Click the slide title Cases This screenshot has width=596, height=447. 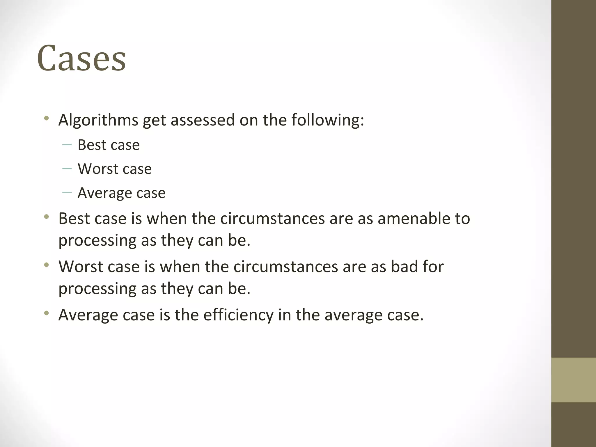pyautogui.click(x=81, y=58)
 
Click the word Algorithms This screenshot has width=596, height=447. pyautogui.click(x=98, y=120)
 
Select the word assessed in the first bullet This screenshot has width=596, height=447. pyautogui.click(x=203, y=120)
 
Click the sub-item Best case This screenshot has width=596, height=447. pyautogui.click(x=109, y=145)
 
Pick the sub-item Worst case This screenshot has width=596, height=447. pyautogui.click(x=115, y=169)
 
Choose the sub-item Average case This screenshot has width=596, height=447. pyautogui.click(x=121, y=193)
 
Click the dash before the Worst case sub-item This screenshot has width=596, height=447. pyautogui.click(x=67, y=168)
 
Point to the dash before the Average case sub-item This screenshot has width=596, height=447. pyautogui.click(x=67, y=192)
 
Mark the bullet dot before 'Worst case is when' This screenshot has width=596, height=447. pyautogui.click(x=46, y=265)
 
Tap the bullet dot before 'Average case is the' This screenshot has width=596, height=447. pyautogui.click(x=46, y=313)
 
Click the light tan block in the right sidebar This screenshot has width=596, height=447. pyautogui.click(x=573, y=380)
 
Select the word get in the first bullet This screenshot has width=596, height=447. pyautogui.click(x=154, y=120)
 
